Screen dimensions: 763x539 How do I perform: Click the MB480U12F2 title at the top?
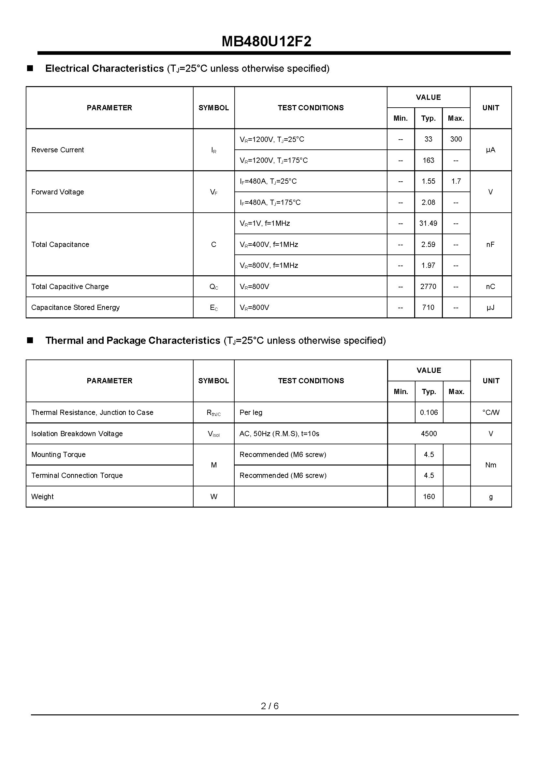coord(266,42)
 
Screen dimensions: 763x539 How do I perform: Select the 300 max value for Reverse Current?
coord(456,139)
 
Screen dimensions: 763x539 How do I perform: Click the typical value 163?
coord(428,160)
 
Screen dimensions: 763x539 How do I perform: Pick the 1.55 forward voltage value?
coord(428,181)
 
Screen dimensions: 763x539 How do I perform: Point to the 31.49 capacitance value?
coord(428,223)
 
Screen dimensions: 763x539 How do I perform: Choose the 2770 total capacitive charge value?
coord(428,286)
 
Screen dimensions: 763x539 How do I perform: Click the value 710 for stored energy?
coord(428,307)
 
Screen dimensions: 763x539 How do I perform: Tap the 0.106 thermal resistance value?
coord(429,412)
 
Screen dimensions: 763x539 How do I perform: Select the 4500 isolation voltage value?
coord(429,434)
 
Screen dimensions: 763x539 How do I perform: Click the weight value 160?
coord(429,496)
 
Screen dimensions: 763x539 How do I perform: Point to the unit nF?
coord(490,245)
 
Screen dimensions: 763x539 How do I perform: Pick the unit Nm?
coord(490,465)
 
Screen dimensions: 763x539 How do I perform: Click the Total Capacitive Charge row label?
coord(70,286)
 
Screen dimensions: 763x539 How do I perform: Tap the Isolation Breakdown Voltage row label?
coord(77,434)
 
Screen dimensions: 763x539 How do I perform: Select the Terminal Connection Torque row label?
coord(77,476)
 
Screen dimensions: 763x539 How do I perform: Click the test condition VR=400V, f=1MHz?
coord(269,245)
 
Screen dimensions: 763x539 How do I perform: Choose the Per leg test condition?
coord(251,412)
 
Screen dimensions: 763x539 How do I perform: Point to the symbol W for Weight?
coord(214,496)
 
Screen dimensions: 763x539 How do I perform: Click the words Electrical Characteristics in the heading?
coord(105,69)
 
